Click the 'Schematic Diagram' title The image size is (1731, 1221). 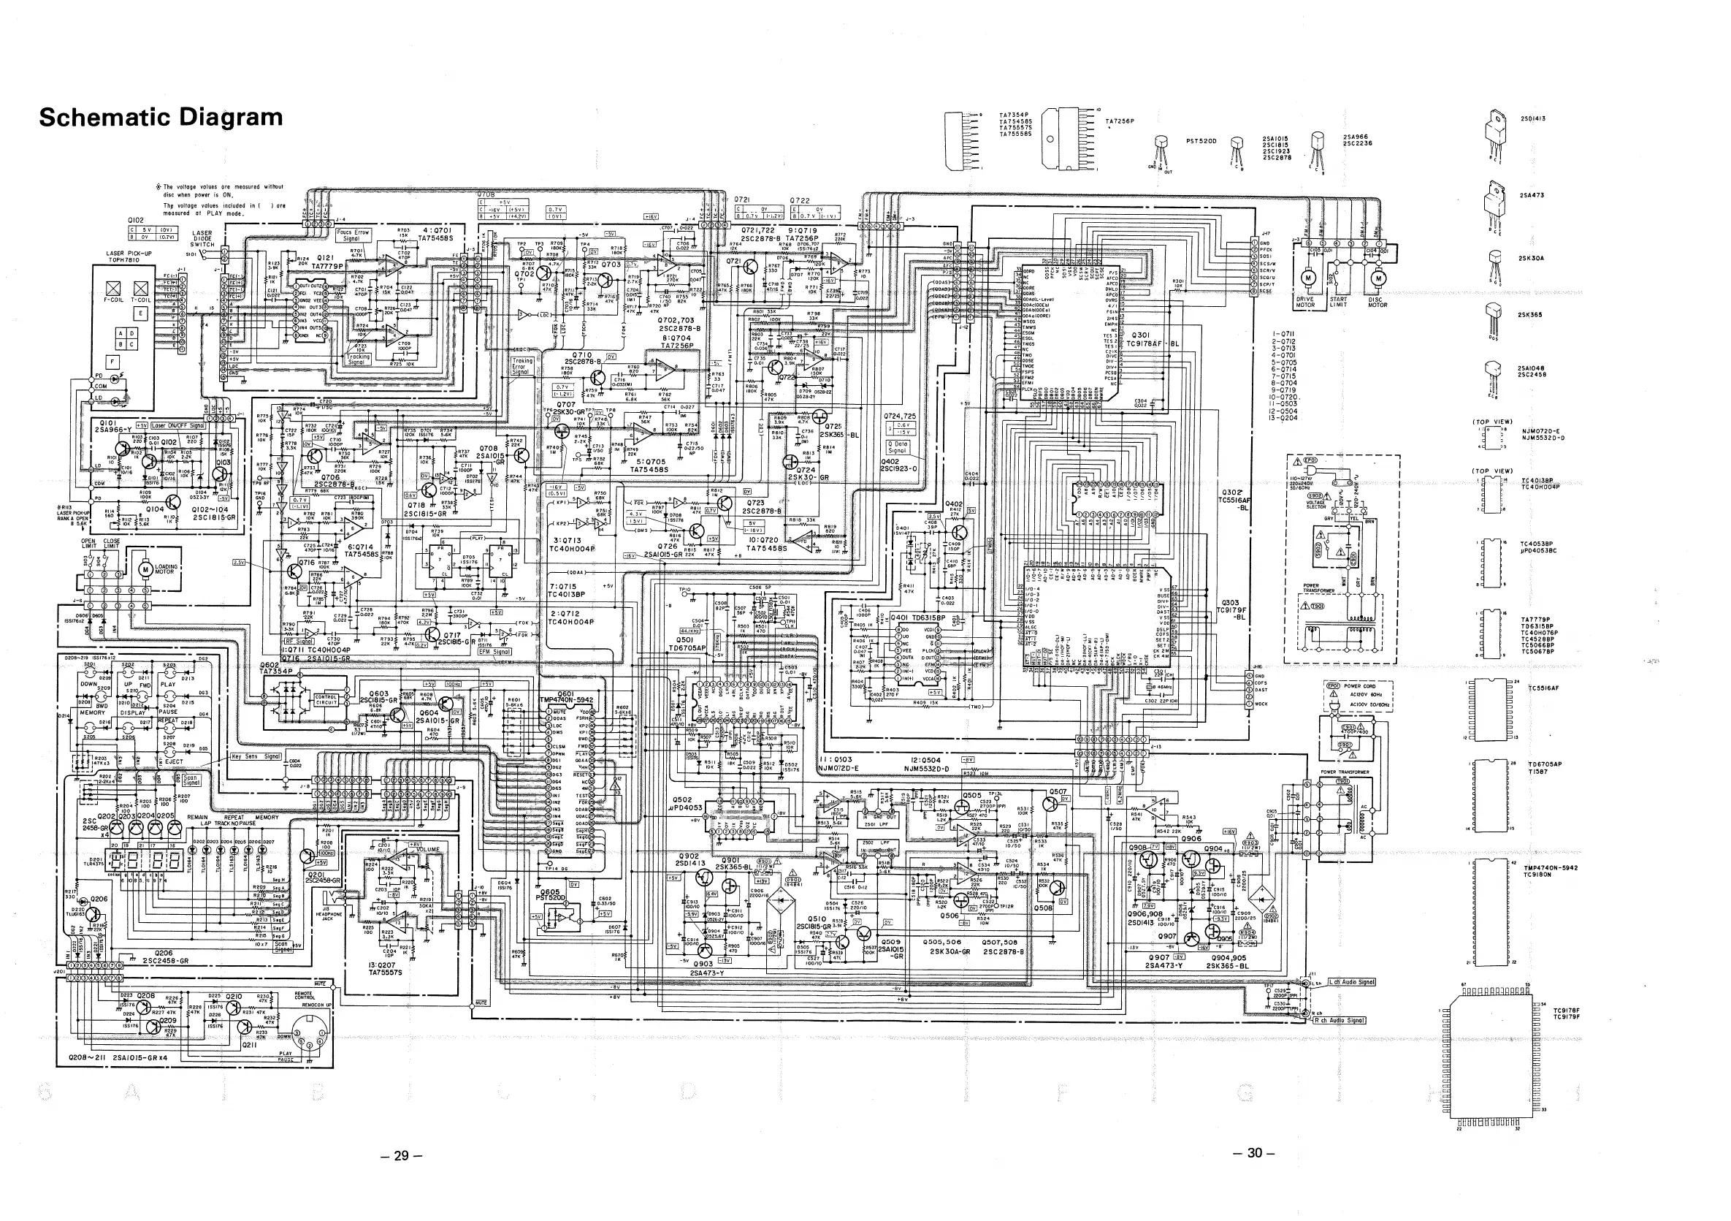[161, 118]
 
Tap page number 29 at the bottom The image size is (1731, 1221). [402, 1155]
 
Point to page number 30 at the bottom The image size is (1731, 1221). [1255, 1152]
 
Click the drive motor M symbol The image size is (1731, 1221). [1309, 278]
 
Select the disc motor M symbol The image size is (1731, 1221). [1379, 278]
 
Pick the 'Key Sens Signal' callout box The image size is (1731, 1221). [256, 756]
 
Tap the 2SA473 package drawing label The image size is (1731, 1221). [1531, 195]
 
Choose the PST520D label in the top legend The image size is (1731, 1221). [1201, 140]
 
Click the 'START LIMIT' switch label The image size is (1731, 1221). [1338, 303]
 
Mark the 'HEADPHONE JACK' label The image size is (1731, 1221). [327, 916]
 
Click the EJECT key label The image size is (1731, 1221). [174, 761]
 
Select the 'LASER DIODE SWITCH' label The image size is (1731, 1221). [202, 239]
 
